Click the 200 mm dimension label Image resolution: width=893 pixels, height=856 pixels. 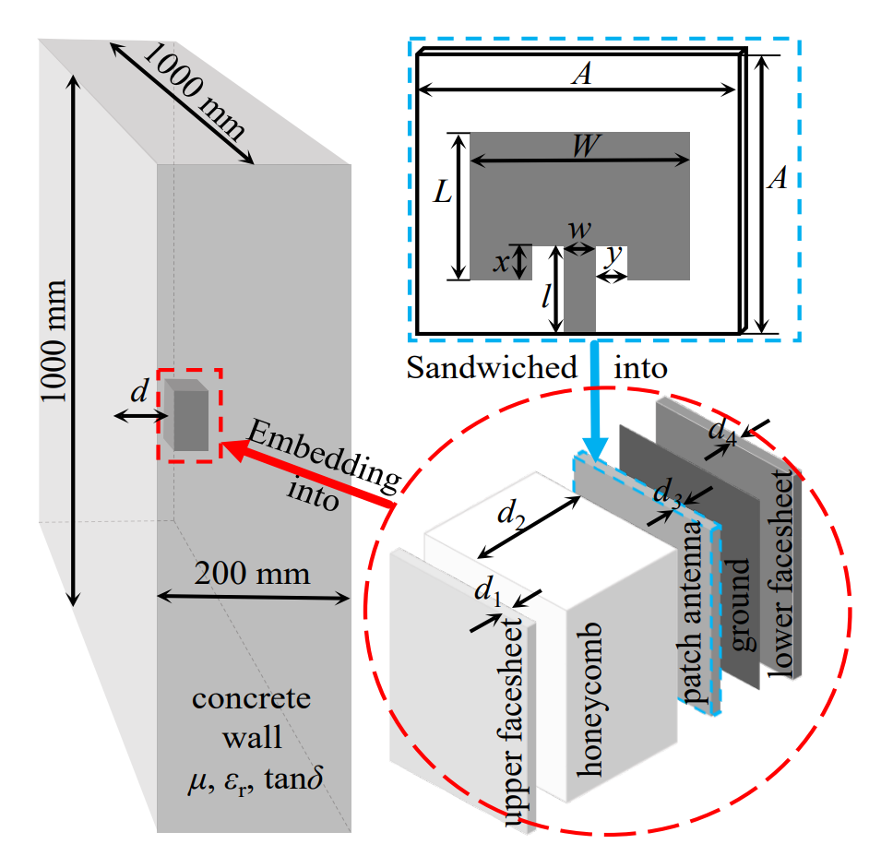point(252,574)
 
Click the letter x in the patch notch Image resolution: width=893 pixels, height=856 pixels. point(500,262)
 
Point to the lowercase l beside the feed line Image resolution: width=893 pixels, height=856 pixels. point(547,297)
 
